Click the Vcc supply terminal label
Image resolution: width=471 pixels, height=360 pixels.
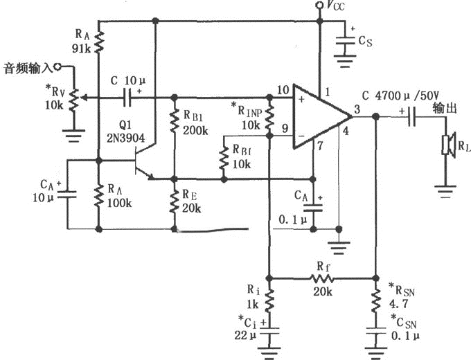335,8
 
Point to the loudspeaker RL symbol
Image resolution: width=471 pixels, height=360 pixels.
446,146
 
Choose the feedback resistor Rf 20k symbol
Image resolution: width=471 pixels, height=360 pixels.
323,278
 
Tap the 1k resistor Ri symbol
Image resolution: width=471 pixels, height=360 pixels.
269,299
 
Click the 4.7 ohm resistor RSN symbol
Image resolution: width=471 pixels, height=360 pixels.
375,299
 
